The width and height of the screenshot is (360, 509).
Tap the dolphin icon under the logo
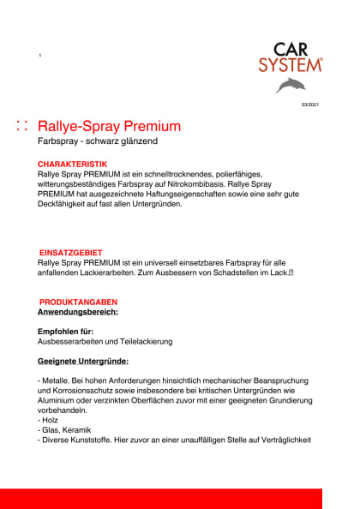point(290,85)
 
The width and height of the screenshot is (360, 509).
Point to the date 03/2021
point(309,105)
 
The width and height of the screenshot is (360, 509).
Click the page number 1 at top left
point(39,55)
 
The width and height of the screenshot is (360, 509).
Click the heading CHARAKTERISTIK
point(72,163)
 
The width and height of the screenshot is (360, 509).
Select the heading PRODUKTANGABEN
point(78,302)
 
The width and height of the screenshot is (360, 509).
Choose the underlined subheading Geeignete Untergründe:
point(82,360)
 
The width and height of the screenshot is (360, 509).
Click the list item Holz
point(51,421)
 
